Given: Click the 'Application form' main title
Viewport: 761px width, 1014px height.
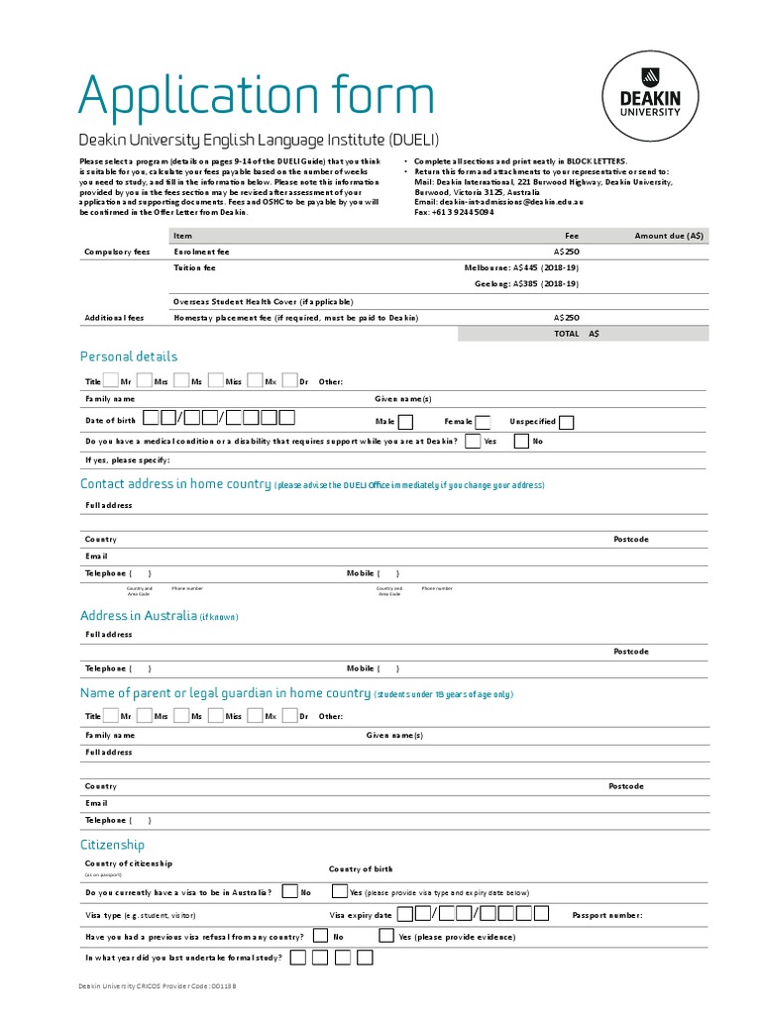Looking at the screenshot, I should click(256, 96).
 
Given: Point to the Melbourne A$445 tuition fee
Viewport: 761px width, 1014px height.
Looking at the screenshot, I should click(522, 267).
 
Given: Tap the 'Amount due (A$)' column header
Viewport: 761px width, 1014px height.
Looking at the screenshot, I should click(669, 236).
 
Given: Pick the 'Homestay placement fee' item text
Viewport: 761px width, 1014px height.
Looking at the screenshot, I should click(295, 318).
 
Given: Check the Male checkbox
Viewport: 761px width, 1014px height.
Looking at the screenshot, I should click(405, 422).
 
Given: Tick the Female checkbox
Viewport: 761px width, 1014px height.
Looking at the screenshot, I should click(484, 422).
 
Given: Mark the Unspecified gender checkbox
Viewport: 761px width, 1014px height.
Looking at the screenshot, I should click(566, 422).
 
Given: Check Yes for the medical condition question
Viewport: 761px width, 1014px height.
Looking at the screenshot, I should click(473, 441).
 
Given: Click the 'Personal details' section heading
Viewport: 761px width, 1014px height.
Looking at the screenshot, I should click(129, 356).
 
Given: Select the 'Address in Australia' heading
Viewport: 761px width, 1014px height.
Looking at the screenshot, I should click(139, 616).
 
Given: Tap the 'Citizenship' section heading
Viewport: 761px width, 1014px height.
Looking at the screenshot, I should click(112, 845).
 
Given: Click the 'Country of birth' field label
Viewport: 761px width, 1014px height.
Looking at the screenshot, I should click(361, 868).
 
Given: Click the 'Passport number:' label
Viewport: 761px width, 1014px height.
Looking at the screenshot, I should click(607, 915).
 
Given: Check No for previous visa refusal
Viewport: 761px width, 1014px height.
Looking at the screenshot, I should click(320, 936).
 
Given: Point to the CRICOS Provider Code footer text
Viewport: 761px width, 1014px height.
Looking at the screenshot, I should click(158, 986).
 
